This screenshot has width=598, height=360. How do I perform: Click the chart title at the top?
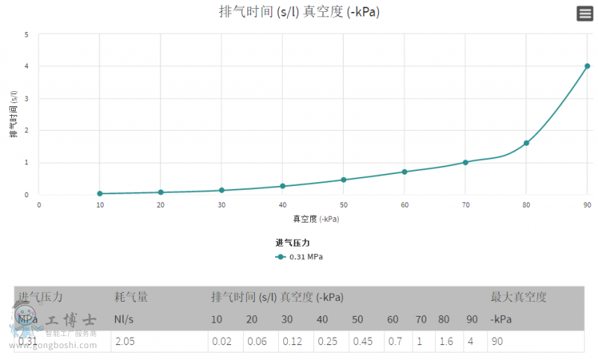(299, 12)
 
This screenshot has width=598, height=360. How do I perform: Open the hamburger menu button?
(585, 13)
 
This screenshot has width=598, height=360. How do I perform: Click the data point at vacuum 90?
(587, 66)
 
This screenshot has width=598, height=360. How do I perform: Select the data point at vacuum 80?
(526, 143)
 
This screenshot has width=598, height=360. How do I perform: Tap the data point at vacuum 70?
(465, 162)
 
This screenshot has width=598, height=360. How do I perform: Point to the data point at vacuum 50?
(343, 180)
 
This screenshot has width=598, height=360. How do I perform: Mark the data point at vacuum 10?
(99, 193)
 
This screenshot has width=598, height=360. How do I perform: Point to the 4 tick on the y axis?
(27, 66)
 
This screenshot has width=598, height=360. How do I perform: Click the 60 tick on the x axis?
(404, 204)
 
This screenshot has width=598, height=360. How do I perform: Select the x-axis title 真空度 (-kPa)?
(315, 219)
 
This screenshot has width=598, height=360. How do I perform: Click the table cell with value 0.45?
(363, 341)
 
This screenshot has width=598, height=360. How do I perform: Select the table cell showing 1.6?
(445, 341)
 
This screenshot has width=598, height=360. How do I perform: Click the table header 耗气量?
(131, 297)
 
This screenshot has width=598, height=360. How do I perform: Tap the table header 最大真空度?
(518, 297)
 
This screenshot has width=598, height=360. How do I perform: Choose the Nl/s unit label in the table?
(124, 320)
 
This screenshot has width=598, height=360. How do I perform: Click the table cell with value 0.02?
(221, 341)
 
